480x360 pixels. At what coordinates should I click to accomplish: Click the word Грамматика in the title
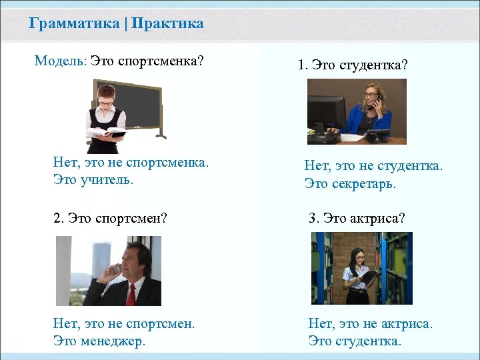click(73, 24)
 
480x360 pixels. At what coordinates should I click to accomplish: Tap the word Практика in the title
click(167, 24)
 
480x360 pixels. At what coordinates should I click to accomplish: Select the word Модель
click(59, 61)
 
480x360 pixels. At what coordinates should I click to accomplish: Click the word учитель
click(107, 180)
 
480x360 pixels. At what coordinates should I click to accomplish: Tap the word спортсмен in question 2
click(130, 218)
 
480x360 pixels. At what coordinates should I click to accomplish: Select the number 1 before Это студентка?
click(301, 66)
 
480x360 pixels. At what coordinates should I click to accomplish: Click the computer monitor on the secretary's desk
click(327, 114)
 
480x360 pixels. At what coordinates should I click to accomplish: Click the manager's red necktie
click(131, 293)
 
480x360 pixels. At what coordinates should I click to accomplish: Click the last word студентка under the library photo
click(371, 341)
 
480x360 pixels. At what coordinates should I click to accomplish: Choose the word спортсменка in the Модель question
click(161, 61)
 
